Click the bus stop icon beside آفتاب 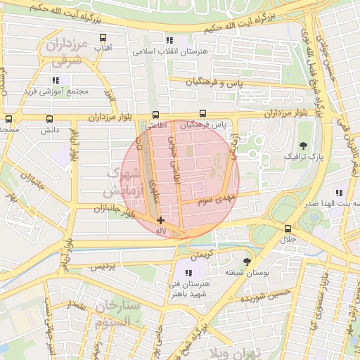[103, 38]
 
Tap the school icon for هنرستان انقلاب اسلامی [168, 41]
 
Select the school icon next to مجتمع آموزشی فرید [55, 80]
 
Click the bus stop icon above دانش [49, 119]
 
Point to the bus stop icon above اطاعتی [155, 115]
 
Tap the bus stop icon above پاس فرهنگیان [203, 113]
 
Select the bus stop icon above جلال [287, 229]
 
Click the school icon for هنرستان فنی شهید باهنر [188, 273]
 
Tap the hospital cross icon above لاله [161, 220]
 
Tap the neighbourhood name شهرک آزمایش [121, 181]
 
